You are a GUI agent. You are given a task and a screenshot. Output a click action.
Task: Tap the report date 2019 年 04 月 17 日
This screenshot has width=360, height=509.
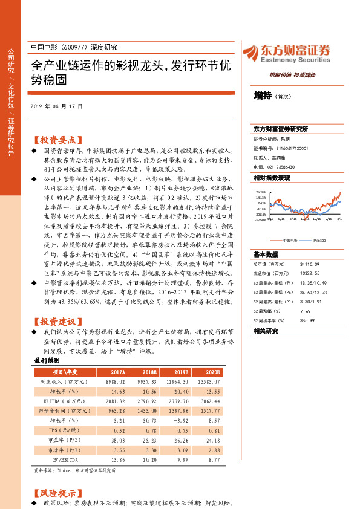[64, 107]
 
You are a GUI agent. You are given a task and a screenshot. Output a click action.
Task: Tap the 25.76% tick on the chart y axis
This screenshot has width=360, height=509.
[261, 192]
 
